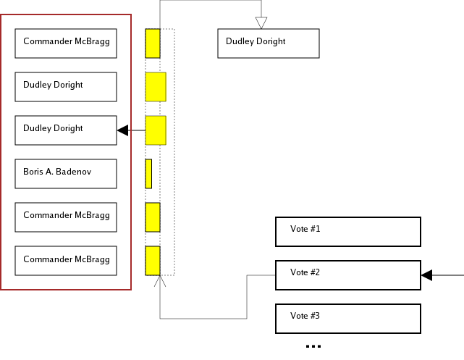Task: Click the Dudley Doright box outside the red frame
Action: (268, 43)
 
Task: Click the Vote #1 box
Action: (347, 232)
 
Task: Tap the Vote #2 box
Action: (347, 275)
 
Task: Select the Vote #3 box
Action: (347, 319)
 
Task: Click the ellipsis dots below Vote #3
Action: (313, 346)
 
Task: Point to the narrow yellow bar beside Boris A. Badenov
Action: (148, 174)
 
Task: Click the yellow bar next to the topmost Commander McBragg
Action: (153, 43)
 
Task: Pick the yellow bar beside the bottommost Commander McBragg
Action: (153, 261)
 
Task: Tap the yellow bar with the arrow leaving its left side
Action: (156, 130)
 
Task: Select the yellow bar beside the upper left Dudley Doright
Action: (156, 87)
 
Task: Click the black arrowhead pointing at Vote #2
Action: (427, 275)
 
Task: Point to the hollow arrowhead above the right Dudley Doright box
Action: (261, 22)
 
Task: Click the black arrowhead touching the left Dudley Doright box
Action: (123, 130)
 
